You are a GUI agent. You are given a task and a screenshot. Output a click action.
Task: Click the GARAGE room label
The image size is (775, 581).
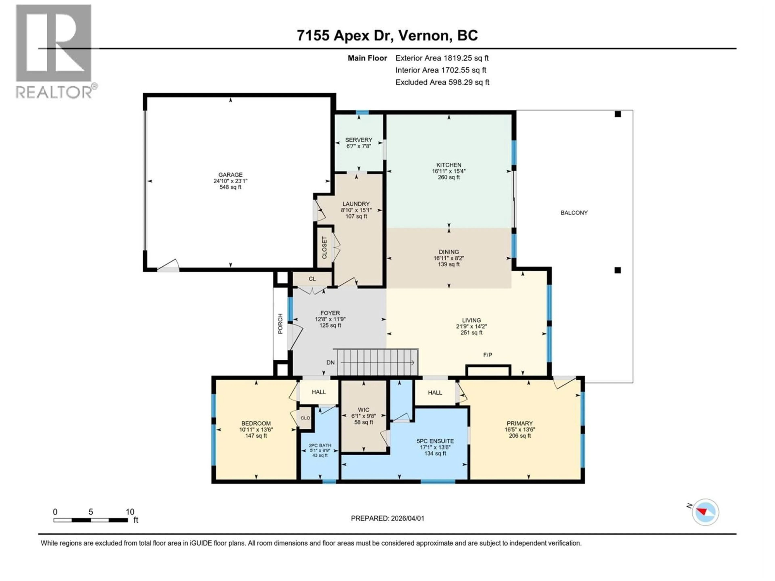pyautogui.click(x=230, y=175)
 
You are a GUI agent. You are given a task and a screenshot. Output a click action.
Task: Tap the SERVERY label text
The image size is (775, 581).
pyautogui.click(x=358, y=140)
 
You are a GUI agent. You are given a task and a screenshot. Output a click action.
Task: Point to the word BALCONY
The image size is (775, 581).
pyautogui.click(x=574, y=213)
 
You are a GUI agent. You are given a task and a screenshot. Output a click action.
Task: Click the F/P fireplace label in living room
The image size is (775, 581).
pyautogui.click(x=487, y=355)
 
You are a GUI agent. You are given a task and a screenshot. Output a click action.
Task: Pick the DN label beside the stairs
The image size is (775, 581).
pyautogui.click(x=330, y=363)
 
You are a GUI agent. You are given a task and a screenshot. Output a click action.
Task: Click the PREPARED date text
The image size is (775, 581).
pyautogui.click(x=387, y=518)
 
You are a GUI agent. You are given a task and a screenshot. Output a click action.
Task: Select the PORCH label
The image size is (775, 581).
pyautogui.click(x=280, y=324)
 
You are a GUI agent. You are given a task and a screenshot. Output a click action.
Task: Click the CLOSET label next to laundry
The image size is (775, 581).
pyautogui.click(x=324, y=248)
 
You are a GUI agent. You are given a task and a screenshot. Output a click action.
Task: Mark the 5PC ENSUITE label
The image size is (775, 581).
pyautogui.click(x=435, y=441)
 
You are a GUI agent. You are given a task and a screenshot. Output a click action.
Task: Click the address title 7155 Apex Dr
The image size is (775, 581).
pyautogui.click(x=387, y=35)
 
